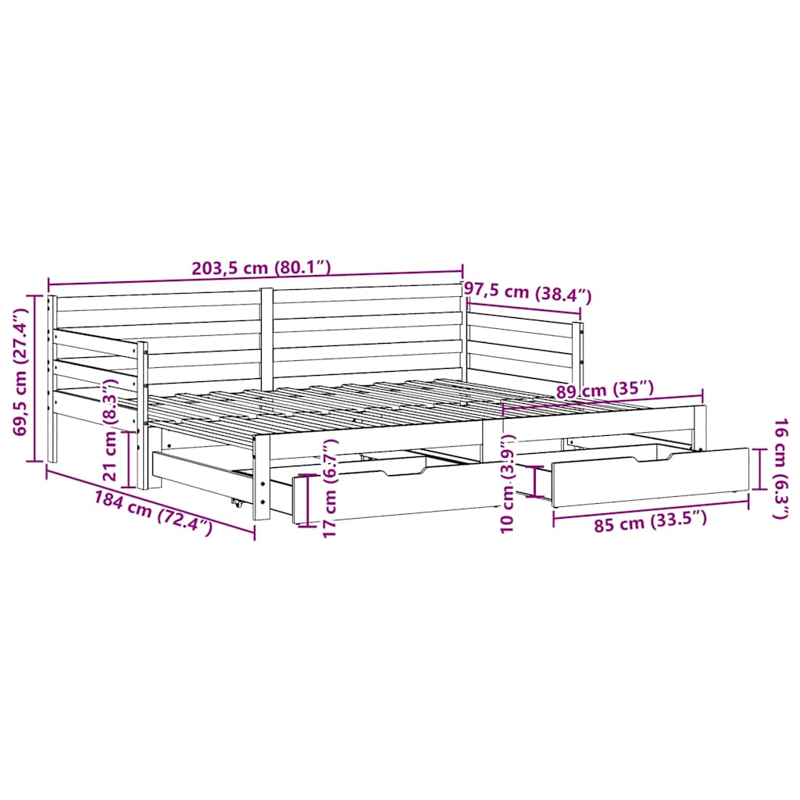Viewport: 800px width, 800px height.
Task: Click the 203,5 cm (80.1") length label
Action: (x=262, y=266)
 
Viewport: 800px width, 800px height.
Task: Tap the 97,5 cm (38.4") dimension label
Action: (x=528, y=293)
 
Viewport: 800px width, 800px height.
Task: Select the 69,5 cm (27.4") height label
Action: (x=21, y=377)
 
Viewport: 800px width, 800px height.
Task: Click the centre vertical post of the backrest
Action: (x=266, y=336)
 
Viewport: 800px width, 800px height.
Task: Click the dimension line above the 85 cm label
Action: (x=650, y=505)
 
